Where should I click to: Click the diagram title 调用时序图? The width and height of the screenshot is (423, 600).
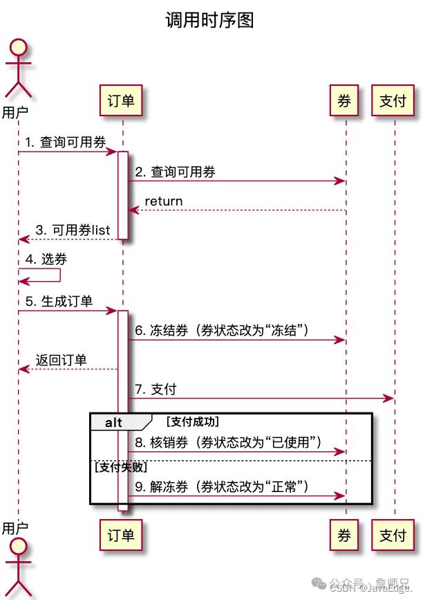click(x=209, y=20)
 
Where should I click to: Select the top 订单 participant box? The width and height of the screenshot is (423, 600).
click(x=122, y=101)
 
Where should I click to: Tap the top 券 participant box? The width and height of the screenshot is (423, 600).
click(x=344, y=101)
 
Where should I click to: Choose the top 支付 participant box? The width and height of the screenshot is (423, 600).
click(x=393, y=101)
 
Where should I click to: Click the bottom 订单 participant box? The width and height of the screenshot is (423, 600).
click(x=122, y=534)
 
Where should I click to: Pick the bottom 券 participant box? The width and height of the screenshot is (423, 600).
click(x=344, y=534)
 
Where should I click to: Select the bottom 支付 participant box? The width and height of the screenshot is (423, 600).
click(x=393, y=534)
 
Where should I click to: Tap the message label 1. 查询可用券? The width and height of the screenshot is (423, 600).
click(x=66, y=143)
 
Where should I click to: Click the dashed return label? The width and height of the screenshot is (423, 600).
click(x=163, y=201)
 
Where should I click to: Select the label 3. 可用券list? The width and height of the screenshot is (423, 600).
click(x=73, y=230)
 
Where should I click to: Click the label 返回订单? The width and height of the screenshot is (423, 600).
click(x=62, y=360)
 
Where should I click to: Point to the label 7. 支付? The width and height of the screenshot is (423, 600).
click(x=155, y=390)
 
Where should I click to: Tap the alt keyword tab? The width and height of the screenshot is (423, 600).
click(x=115, y=421)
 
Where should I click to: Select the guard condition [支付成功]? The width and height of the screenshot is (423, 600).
click(x=193, y=421)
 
